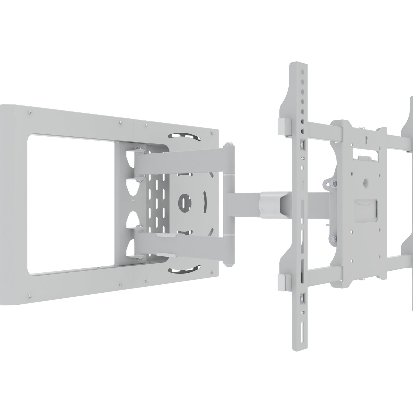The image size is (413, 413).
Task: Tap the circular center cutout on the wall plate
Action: pyautogui.click(x=183, y=201)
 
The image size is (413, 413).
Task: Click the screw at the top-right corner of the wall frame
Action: pyautogui.click(x=212, y=133)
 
